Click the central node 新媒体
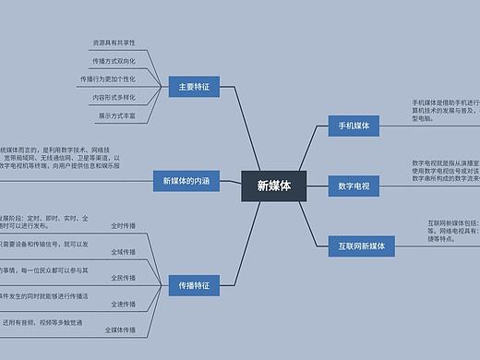[x=273, y=186]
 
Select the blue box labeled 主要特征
[x=194, y=88]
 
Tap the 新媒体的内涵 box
[x=186, y=181]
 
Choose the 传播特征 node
[x=194, y=286]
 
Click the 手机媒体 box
[x=354, y=126]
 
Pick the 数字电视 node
[x=354, y=186]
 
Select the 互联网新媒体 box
[x=362, y=246]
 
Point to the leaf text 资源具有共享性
[x=114, y=42]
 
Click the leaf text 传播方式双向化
[x=114, y=61]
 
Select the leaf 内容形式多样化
[x=114, y=97]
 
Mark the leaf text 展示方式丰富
[x=116, y=116]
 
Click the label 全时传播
[x=123, y=225]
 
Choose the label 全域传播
[x=123, y=251]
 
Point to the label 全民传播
[x=123, y=277]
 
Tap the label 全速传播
[x=123, y=303]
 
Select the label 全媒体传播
[x=120, y=329]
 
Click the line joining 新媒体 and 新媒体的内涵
[x=230, y=182]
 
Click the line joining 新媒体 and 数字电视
[x=316, y=186]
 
